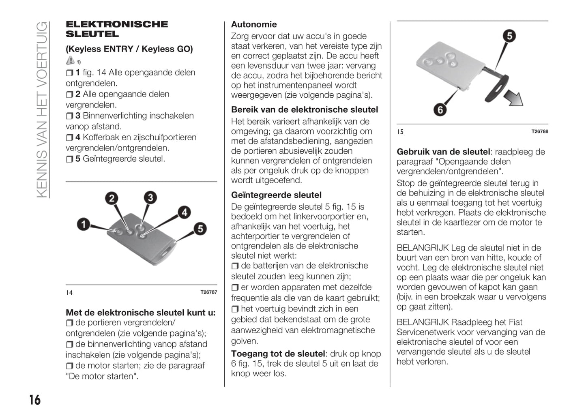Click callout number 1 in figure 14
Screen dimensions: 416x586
[x=84, y=224]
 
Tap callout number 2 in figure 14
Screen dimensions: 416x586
[x=112, y=198]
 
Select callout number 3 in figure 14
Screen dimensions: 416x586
[x=150, y=197]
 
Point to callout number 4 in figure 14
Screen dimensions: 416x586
[x=185, y=212]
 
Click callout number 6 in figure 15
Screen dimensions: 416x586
[x=440, y=109]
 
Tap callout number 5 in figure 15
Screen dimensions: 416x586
[x=509, y=36]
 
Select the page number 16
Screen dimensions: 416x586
[x=35, y=400]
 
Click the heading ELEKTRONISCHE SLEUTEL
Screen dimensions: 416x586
[x=117, y=29]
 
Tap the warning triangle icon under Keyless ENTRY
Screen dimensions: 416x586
[x=70, y=61]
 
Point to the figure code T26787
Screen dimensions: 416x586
[x=209, y=292]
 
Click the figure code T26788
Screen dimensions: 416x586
[x=540, y=131]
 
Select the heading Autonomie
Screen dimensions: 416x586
[x=254, y=24]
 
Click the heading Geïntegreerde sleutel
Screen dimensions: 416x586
[x=276, y=195]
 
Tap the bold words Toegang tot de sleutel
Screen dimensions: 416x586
[x=278, y=354]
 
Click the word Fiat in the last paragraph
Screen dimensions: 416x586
[x=515, y=322]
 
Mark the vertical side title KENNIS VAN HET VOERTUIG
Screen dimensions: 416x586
[x=42, y=109]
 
